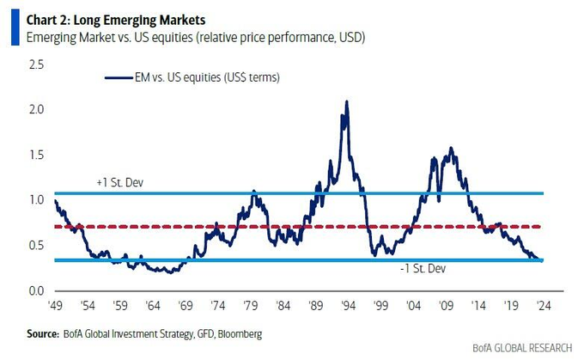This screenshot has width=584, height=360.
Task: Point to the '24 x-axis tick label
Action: (x=541, y=305)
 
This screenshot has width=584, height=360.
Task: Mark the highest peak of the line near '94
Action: (x=346, y=101)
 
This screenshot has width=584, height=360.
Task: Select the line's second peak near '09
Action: (x=451, y=149)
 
